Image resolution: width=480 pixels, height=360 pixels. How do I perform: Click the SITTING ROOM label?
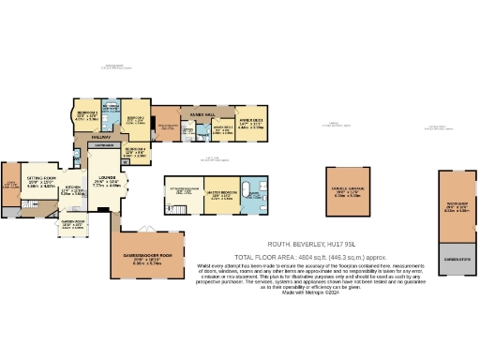click(41, 176)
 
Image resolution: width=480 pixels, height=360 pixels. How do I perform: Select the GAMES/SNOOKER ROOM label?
click(154, 255)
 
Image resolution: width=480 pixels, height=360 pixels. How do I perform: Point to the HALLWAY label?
click(101, 138)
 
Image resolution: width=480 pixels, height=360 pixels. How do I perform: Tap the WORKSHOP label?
click(457, 202)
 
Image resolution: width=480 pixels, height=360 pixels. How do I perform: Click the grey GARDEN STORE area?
click(457, 259)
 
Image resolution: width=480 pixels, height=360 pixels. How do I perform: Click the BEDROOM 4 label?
click(134, 149)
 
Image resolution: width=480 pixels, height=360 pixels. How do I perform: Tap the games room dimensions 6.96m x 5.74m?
click(154, 264)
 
